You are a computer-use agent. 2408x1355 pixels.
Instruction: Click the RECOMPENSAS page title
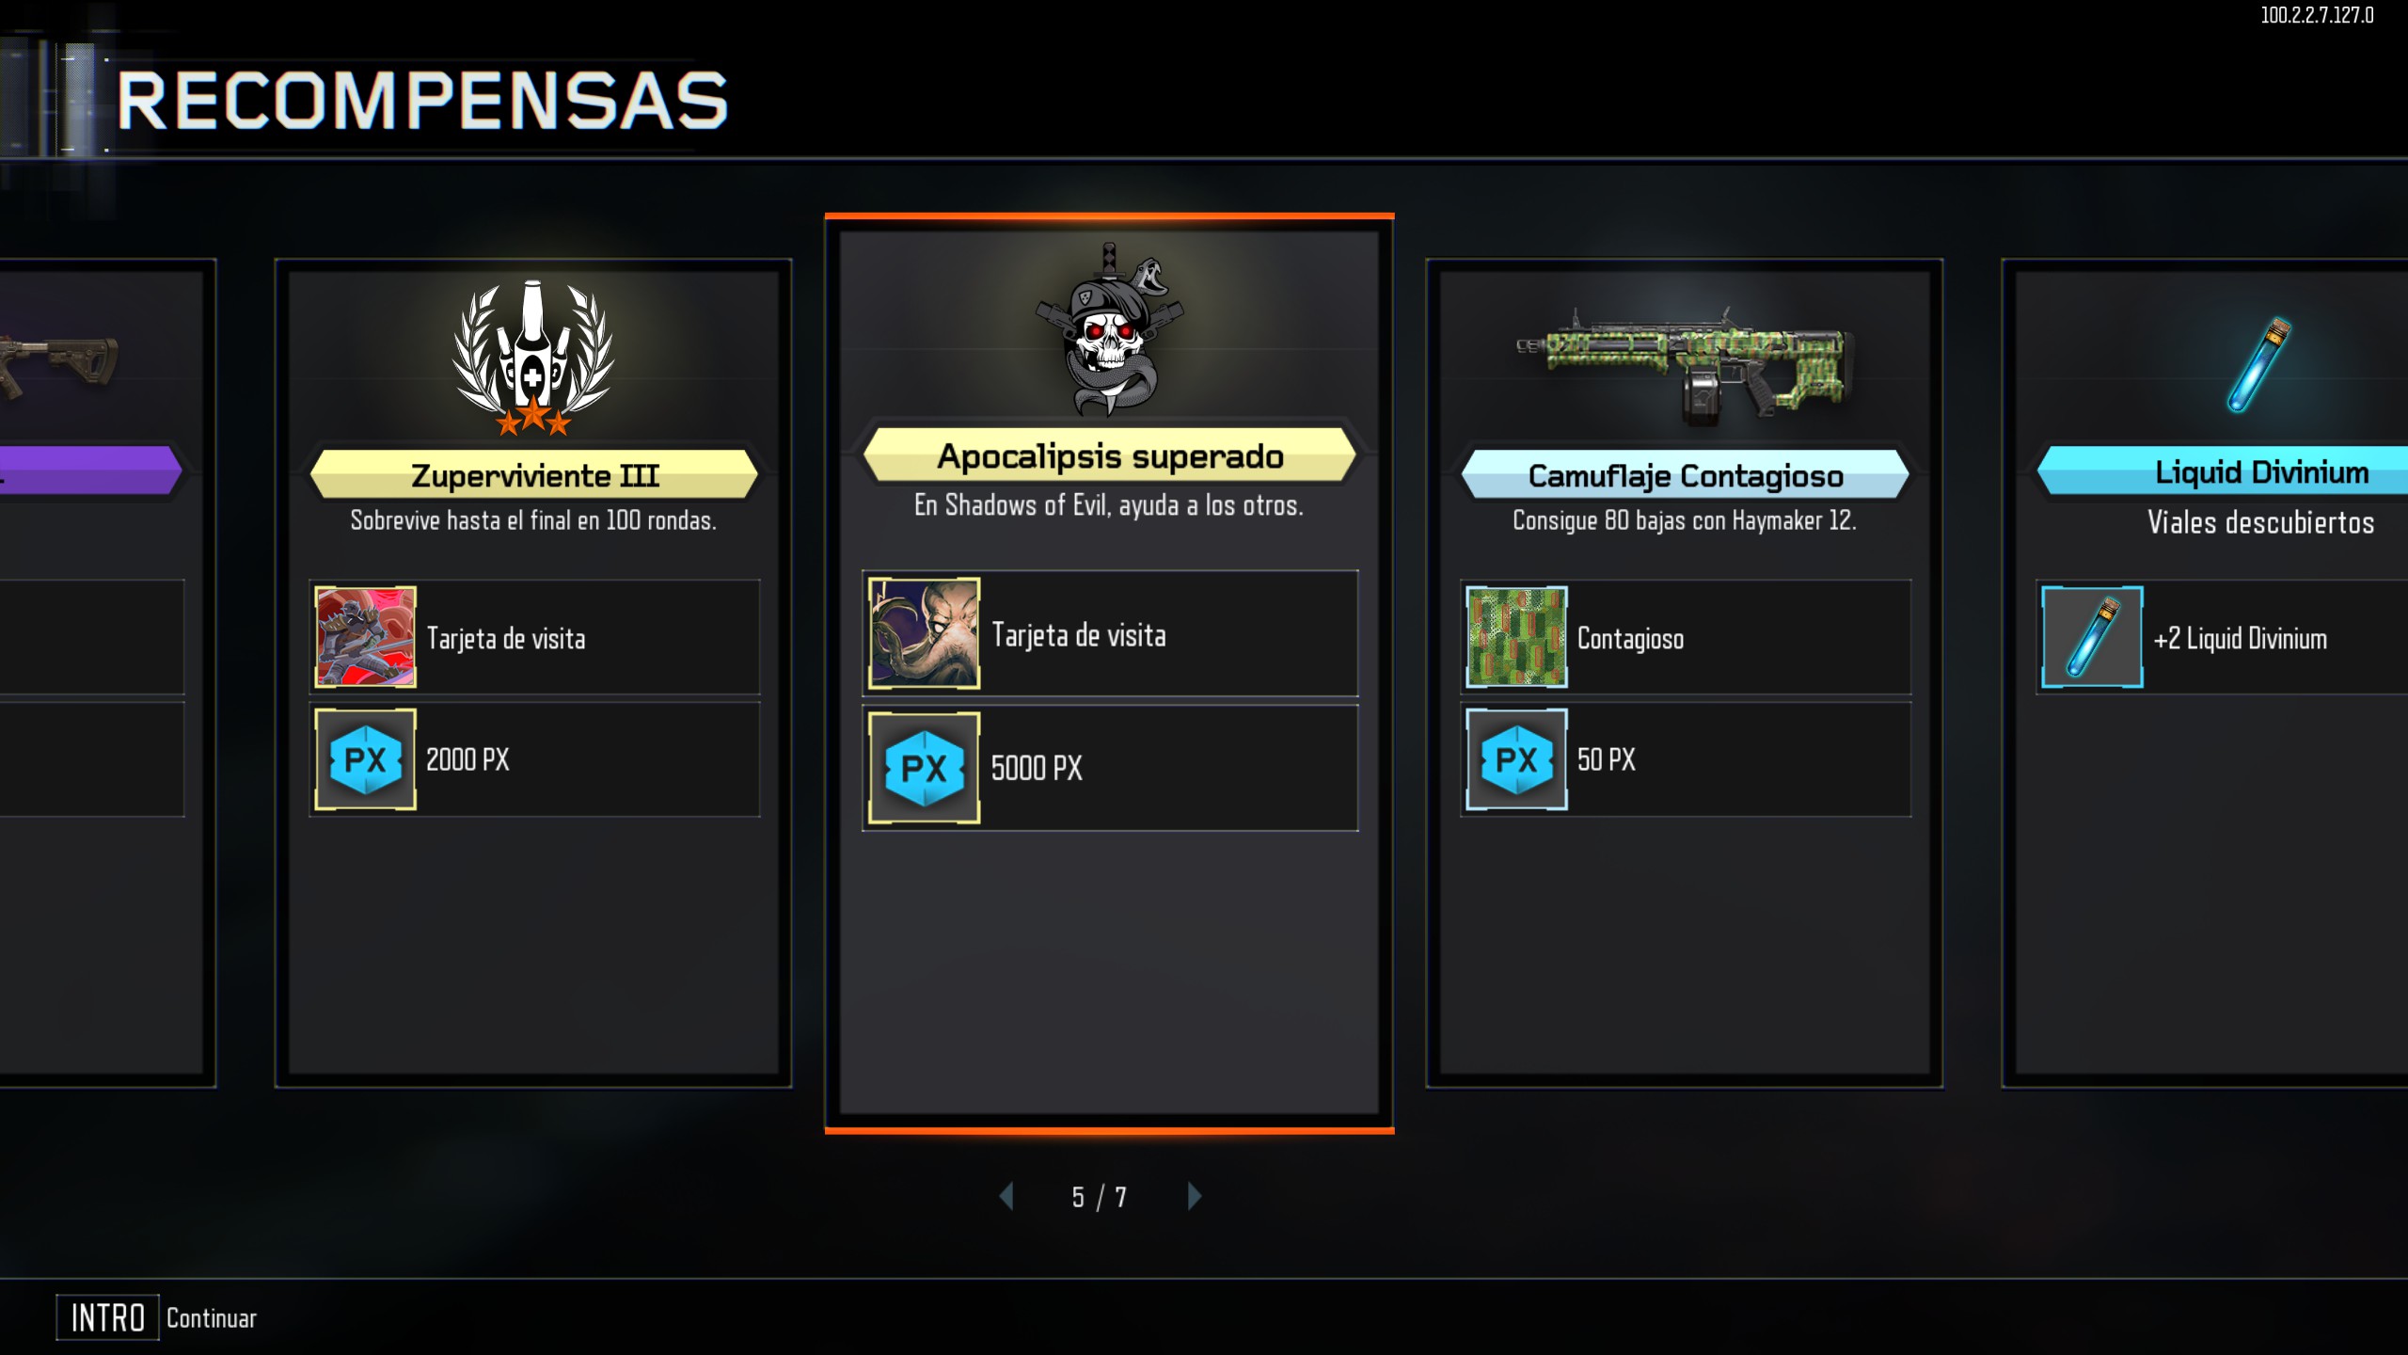point(422,101)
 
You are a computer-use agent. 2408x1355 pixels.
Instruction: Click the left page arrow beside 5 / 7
point(1006,1196)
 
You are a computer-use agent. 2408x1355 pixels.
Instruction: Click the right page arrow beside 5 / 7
point(1195,1196)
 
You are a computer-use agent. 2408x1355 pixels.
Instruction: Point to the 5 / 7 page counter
point(1099,1197)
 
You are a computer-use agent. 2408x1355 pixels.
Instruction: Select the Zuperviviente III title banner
point(533,475)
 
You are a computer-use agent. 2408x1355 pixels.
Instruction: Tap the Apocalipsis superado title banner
point(1110,456)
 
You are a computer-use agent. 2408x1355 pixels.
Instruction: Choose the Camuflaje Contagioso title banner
point(1685,475)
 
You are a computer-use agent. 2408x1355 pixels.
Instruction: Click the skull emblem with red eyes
point(1110,329)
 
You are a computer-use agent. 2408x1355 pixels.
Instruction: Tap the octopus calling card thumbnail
point(924,633)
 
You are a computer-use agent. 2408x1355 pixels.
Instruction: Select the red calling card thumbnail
point(365,637)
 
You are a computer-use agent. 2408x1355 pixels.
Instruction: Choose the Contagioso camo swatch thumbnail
point(1516,637)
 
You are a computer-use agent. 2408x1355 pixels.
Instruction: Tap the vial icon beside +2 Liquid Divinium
point(2092,637)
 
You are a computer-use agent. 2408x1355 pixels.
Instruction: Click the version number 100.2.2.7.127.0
point(2317,15)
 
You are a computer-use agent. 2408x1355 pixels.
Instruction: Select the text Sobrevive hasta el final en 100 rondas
point(533,520)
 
